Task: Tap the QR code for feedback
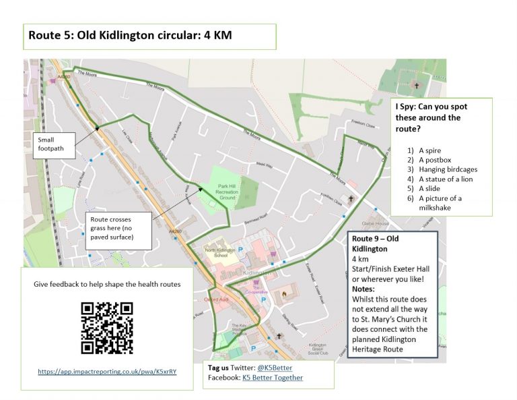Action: pyautogui.click(x=106, y=328)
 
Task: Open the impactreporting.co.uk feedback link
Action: pyautogui.click(x=107, y=372)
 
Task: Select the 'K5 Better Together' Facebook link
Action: pyautogui.click(x=272, y=378)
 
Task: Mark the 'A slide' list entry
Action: pyautogui.click(x=432, y=189)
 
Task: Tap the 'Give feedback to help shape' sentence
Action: pyautogui.click(x=107, y=284)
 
